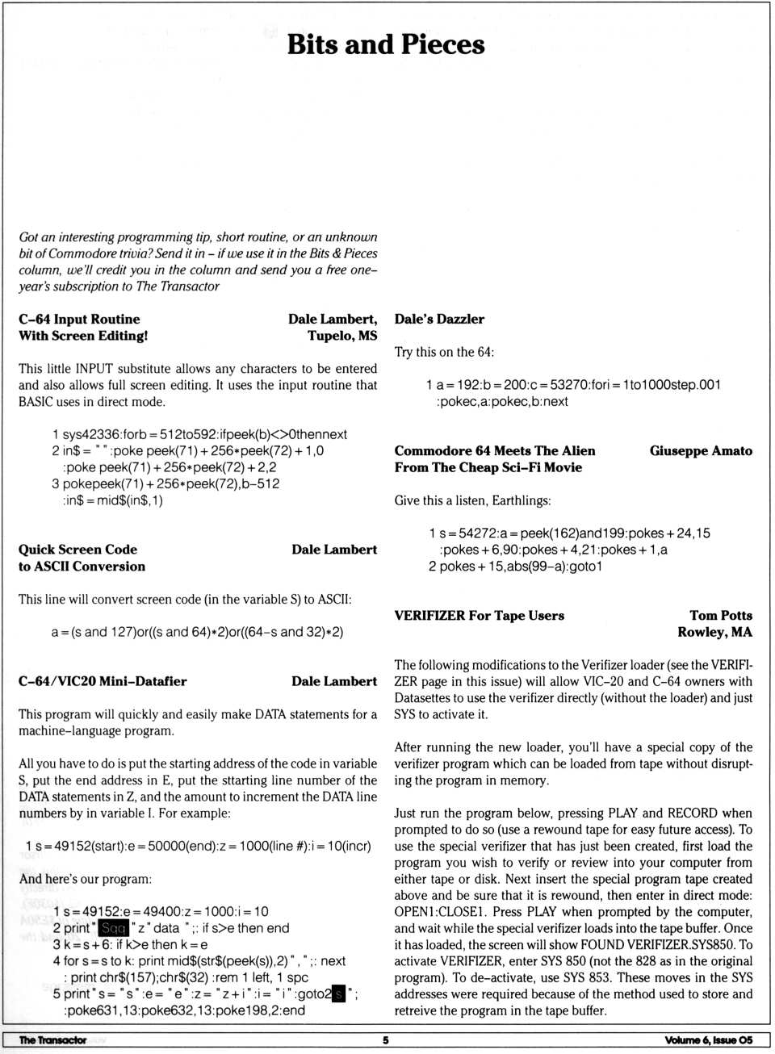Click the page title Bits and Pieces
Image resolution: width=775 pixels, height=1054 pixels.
[x=386, y=44]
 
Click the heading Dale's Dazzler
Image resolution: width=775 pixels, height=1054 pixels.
[x=439, y=319]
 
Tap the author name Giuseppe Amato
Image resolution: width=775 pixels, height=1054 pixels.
[x=701, y=450]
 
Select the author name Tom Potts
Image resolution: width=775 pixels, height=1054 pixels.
[x=720, y=615]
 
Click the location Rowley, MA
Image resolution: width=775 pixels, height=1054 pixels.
[x=714, y=632]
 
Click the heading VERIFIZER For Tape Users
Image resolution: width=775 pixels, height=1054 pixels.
[x=479, y=615]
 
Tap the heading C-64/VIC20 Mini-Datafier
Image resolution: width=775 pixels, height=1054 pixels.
[x=103, y=681]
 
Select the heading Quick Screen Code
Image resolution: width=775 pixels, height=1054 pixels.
[x=77, y=549]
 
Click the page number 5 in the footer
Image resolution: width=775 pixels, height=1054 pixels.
[x=385, y=1040]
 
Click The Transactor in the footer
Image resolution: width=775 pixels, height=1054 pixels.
[x=52, y=1040]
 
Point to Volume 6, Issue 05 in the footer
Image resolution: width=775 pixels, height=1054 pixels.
[x=708, y=1040]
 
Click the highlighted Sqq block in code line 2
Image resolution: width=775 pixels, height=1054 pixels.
[x=113, y=928]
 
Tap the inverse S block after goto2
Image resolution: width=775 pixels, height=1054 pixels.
[x=338, y=993]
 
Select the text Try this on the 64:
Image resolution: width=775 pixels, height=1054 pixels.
[x=444, y=352]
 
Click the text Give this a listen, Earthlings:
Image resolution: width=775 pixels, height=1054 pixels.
[x=472, y=500]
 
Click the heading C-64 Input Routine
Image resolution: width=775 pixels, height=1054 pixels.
[x=79, y=319]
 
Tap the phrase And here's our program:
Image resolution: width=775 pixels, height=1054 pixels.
[x=85, y=879]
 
